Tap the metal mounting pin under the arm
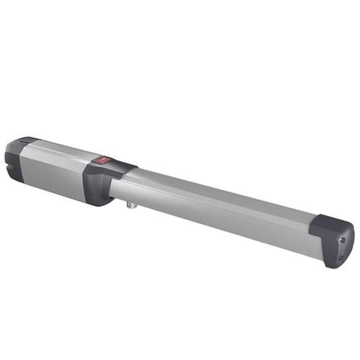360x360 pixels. (130, 207)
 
